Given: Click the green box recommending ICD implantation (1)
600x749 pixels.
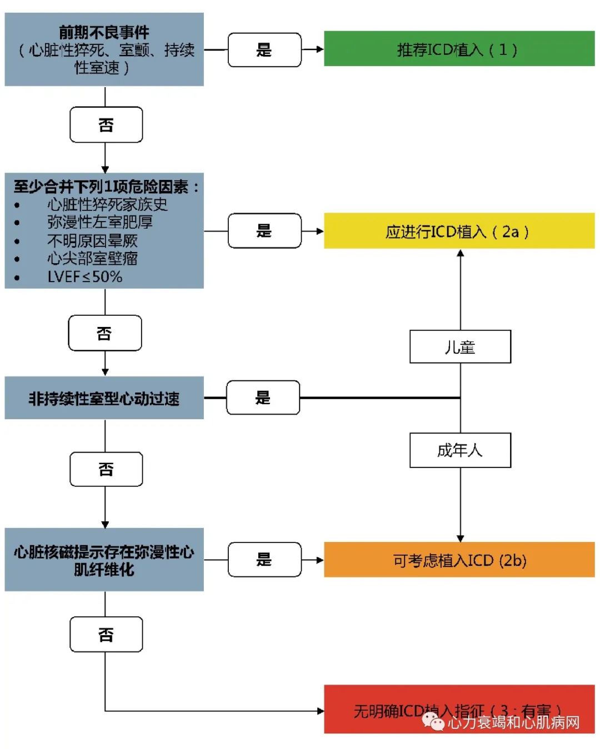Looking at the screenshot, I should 459,49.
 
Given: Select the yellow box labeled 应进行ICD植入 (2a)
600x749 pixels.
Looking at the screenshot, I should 459,231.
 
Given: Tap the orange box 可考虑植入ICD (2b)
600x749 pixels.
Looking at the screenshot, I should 459,560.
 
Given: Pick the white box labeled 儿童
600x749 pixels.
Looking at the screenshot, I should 460,347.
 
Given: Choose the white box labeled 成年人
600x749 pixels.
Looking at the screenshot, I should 460,450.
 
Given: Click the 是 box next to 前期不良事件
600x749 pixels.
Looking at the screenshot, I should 264,50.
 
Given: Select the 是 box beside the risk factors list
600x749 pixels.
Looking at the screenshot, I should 264,230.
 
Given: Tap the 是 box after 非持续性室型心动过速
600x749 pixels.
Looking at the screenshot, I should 263,398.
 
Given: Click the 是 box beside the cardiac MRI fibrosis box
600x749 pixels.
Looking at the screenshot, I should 264,560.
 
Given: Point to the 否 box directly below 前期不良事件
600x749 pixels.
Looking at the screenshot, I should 106,125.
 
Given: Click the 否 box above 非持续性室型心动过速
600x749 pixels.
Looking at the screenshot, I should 105,333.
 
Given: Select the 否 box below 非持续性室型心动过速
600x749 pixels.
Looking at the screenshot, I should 106,469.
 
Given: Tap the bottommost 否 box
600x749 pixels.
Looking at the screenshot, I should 106,634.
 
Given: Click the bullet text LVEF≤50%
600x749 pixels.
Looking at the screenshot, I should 85,277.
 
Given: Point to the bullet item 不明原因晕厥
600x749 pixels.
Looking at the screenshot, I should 92,240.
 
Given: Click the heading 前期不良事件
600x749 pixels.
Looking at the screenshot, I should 104,32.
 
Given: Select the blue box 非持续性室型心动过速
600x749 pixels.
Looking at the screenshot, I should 104,398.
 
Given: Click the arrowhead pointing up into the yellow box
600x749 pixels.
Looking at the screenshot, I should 460,254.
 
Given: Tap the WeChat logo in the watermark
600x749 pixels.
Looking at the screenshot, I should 433,722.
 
